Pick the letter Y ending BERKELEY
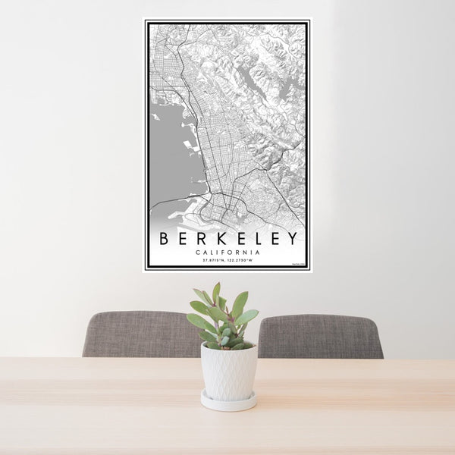291,239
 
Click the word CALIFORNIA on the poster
227,253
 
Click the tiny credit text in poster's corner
297,264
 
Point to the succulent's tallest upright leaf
216,293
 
